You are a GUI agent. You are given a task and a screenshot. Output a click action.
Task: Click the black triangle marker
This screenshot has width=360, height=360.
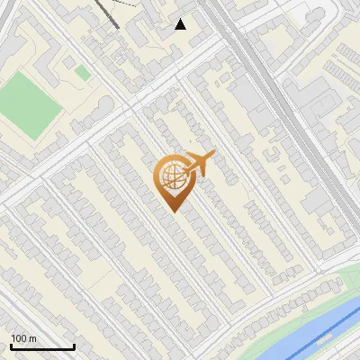(x=181, y=24)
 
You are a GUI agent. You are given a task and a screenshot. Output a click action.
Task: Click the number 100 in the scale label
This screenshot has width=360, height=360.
(x=20, y=338)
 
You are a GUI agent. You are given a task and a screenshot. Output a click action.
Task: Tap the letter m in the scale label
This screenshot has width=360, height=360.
(x=33, y=338)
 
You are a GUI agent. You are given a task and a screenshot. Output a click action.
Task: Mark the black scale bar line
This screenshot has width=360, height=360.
(x=42, y=346)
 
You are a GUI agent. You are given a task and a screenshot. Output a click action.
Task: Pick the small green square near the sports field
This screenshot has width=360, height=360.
(x=82, y=72)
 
